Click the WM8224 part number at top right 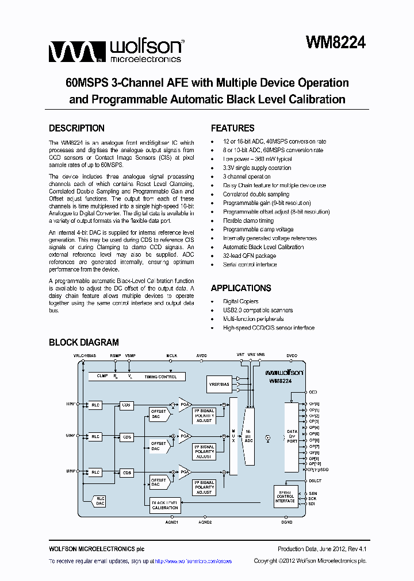pyautogui.click(x=336, y=43)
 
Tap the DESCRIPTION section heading pyautogui.click(x=76, y=129)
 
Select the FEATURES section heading pyautogui.click(x=232, y=129)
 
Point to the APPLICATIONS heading pyautogui.click(x=241, y=288)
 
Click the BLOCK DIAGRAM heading pyautogui.click(x=84, y=343)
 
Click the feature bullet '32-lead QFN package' pyautogui.click(x=250, y=256)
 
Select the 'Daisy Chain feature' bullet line pyautogui.click(x=274, y=185)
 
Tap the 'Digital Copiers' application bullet pyautogui.click(x=240, y=301)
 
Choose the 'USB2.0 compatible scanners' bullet pyautogui.click(x=258, y=310)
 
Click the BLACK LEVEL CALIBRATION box pyautogui.click(x=165, y=505)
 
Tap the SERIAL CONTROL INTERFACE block pyautogui.click(x=285, y=497)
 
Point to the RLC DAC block pyautogui.click(x=101, y=501)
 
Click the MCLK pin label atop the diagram pyautogui.click(x=172, y=356)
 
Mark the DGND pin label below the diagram pyautogui.click(x=287, y=522)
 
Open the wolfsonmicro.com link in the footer pyautogui.click(x=194, y=561)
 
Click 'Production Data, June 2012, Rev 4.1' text pyautogui.click(x=321, y=549)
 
